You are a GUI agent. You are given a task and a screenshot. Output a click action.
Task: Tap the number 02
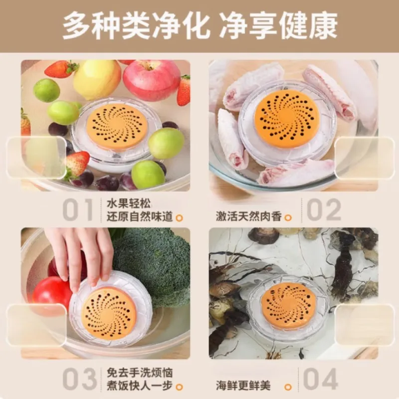[x=324, y=210]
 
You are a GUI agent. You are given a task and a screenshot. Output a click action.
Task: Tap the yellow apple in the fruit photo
[x=97, y=79]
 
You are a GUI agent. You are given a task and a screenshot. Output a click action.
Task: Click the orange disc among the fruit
[x=117, y=127]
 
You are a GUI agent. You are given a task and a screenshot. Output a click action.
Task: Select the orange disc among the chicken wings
[x=286, y=119]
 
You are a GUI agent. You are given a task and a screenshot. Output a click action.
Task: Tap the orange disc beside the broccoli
[x=109, y=313]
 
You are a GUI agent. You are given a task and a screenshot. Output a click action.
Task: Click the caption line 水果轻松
[x=125, y=204]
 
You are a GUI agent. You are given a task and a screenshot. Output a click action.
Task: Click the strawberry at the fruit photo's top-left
[x=61, y=69]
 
